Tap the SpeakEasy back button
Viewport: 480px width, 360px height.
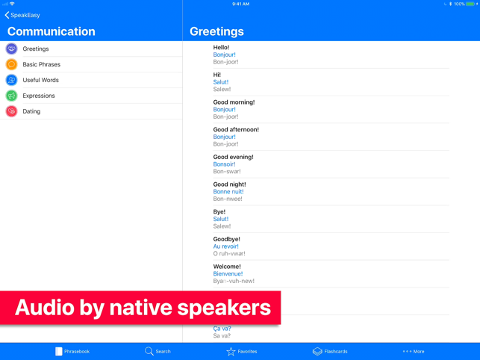[22, 15]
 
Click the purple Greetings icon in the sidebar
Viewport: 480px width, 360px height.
[12, 49]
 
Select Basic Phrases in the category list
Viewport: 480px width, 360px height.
[41, 64]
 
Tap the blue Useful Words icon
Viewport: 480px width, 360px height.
[12, 80]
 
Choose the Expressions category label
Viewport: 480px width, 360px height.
[39, 96]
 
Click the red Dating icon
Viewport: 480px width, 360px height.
[12, 111]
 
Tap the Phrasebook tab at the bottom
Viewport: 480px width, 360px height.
[72, 351]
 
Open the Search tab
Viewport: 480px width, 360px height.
[158, 351]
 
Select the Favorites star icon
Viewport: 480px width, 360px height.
[231, 352]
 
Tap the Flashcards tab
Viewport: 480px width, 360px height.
[330, 351]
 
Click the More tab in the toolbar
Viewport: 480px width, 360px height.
[414, 352]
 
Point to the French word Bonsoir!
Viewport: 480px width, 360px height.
[225, 164]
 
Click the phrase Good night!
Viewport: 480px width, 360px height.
[230, 184]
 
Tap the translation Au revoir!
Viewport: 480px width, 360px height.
[226, 246]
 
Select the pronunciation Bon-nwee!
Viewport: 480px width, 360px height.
[228, 199]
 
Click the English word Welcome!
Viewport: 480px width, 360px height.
[227, 267]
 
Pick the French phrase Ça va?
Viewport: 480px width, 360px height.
[222, 329]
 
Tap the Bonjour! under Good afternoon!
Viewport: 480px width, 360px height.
[225, 137]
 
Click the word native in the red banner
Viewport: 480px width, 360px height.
[141, 308]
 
